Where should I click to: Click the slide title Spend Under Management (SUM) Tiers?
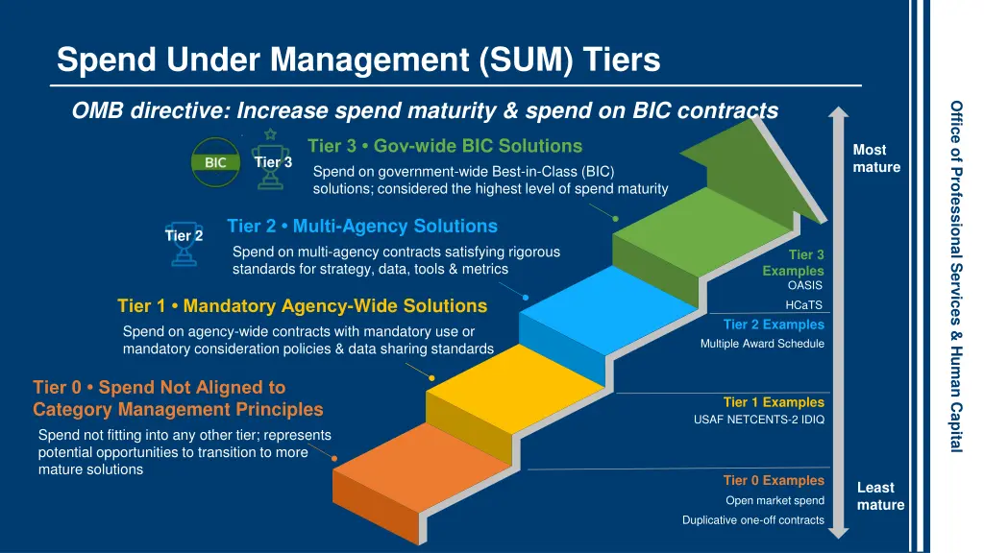pos(358,60)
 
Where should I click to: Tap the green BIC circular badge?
pos(216,162)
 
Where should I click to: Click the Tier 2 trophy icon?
pos(183,244)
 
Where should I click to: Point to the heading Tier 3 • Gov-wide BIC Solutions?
pos(445,146)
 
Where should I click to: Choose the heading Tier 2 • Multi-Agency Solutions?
pos(362,227)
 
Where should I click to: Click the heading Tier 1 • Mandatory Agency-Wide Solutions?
pos(302,306)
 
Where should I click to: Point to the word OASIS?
pos(805,286)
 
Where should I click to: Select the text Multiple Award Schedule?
pos(762,344)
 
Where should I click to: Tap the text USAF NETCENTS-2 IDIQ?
pos(758,421)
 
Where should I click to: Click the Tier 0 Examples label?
pos(774,480)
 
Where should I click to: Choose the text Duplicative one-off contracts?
pos(753,520)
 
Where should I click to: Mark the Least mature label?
pos(879,496)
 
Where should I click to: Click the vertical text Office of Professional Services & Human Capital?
pos(957,276)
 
